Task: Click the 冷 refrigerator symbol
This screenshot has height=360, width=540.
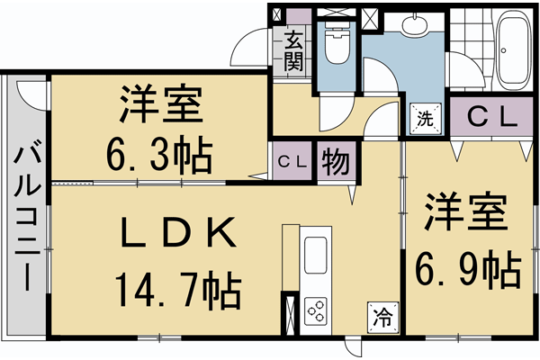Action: click(382, 316)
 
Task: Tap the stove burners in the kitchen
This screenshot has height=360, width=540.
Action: click(317, 311)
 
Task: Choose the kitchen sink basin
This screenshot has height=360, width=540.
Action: click(317, 256)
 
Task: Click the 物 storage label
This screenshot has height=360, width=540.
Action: click(335, 163)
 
